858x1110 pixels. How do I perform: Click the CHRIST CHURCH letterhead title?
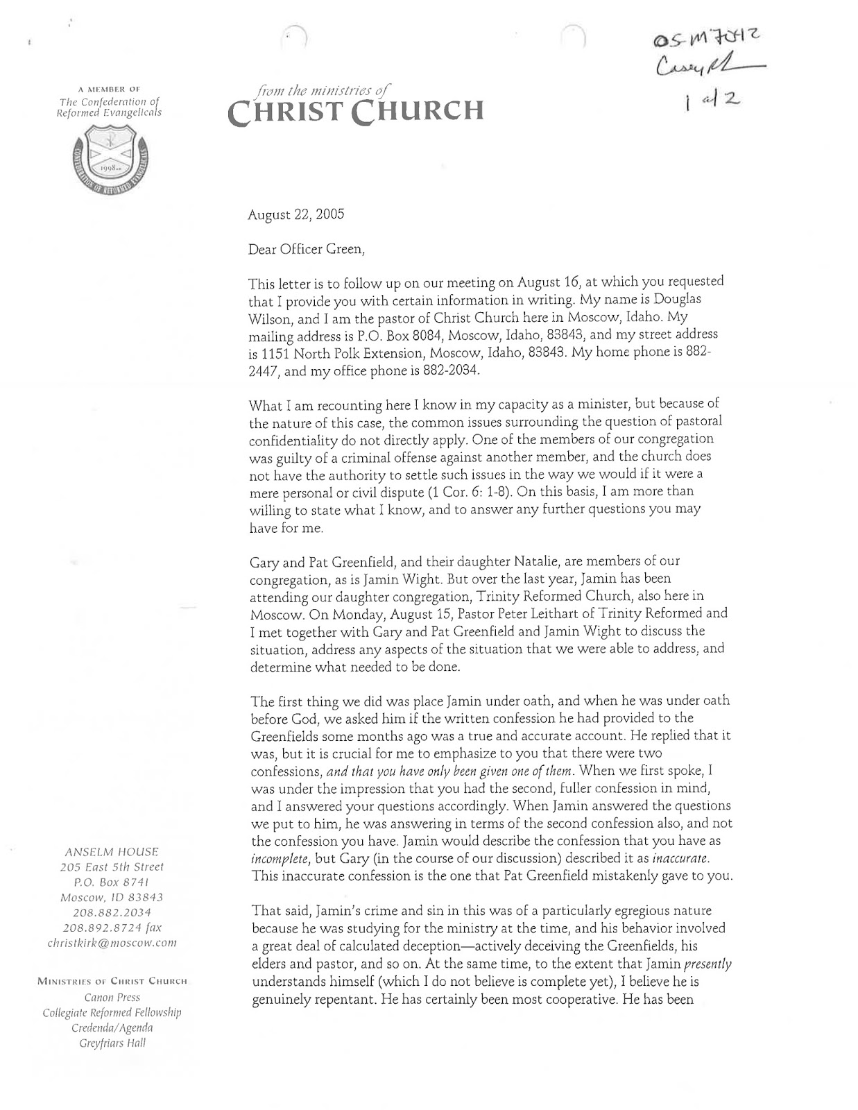tap(354, 110)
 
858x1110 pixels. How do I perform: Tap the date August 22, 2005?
tap(295, 214)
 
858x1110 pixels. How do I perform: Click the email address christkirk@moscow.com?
tap(112, 943)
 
